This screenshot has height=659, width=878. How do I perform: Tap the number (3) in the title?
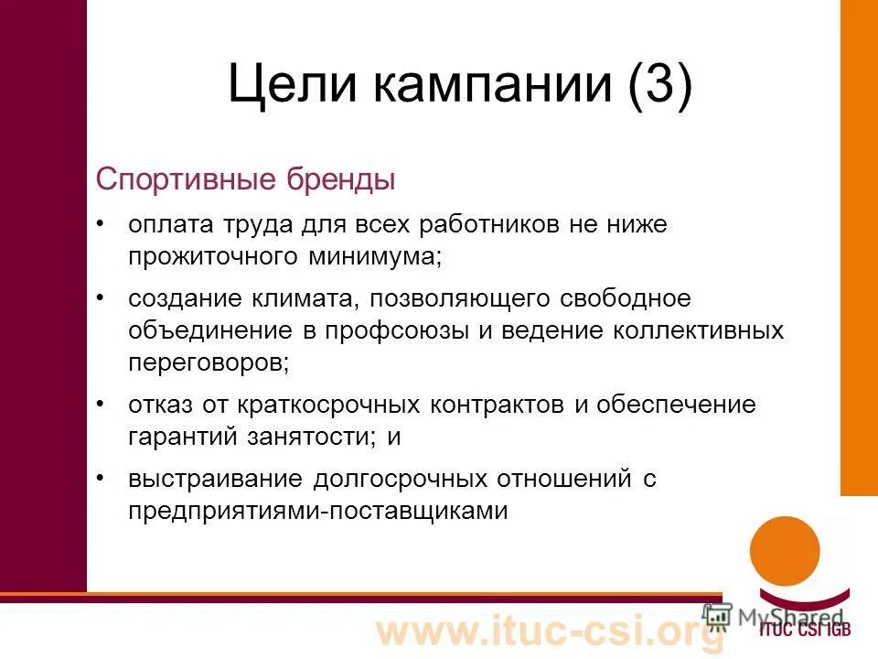click(658, 85)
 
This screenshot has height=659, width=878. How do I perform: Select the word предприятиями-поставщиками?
click(317, 509)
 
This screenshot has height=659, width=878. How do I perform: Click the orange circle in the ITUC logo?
click(784, 549)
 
